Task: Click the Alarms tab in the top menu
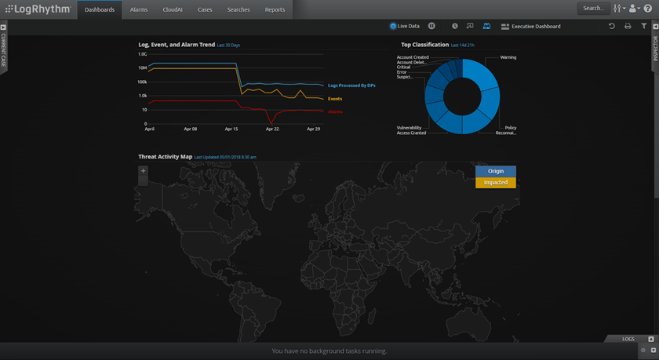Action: point(139,9)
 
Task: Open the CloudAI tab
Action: point(173,9)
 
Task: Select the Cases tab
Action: point(205,9)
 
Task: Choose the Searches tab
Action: point(238,9)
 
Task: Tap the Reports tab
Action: point(275,9)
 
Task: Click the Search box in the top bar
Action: point(593,9)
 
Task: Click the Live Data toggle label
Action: point(408,27)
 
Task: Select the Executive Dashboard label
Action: point(536,27)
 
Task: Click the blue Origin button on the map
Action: point(496,171)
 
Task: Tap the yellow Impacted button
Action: point(496,183)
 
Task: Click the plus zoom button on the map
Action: point(143,171)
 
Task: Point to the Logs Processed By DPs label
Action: point(351,85)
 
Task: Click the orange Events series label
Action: point(335,99)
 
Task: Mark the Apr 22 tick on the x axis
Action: point(272,129)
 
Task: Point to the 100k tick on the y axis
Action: point(142,82)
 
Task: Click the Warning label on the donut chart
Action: point(508,57)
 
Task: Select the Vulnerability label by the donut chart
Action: point(410,127)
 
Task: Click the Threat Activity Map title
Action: point(166,157)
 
